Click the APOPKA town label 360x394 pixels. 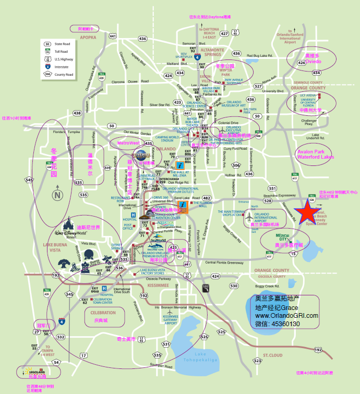[x=89, y=38]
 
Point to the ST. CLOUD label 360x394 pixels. [x=272, y=355]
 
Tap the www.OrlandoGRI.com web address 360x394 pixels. [x=286, y=316]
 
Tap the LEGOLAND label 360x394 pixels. [x=34, y=371]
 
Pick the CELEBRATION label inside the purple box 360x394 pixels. [x=103, y=313]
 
